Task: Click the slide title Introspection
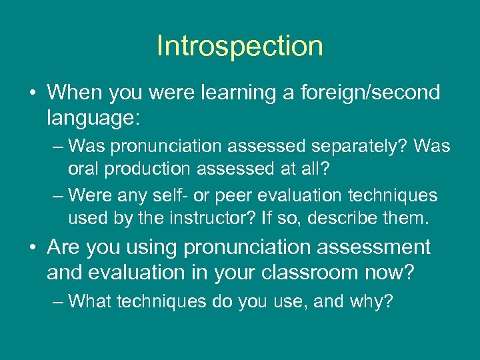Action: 240,46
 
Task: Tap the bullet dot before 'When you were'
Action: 33,93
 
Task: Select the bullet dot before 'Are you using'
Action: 33,247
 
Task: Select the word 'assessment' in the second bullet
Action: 373,247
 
